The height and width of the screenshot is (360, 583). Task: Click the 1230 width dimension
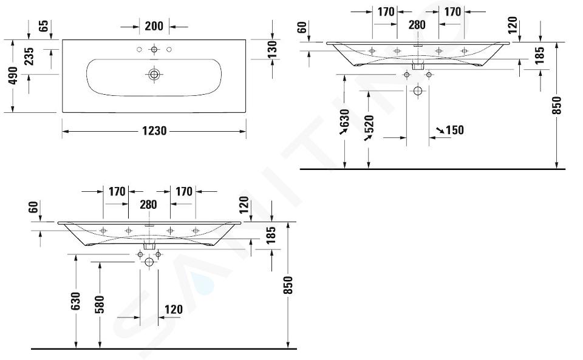[x=154, y=131]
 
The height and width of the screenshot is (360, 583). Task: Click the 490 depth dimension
[x=13, y=76]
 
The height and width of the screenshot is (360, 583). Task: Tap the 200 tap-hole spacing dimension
[x=154, y=26]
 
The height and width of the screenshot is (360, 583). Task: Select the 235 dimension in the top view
[x=29, y=56]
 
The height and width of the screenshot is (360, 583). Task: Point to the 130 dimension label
[x=272, y=50]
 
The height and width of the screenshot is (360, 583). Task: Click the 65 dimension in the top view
[x=44, y=25]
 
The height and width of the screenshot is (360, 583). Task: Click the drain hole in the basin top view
[x=154, y=74]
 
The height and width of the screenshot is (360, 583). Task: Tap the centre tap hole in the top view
[x=154, y=49]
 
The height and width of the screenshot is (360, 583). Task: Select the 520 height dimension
[x=369, y=124]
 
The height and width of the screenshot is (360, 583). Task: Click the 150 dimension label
[x=454, y=130]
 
